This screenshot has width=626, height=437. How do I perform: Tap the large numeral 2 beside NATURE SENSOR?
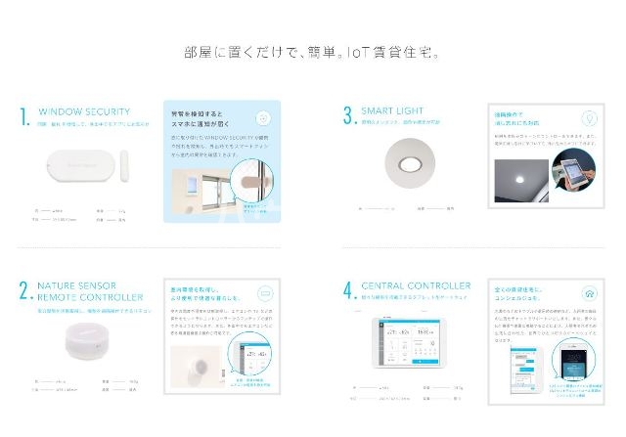[x=23, y=289]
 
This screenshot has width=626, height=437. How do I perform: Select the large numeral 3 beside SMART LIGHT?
[x=347, y=116]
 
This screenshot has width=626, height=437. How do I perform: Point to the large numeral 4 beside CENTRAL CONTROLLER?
[x=347, y=290]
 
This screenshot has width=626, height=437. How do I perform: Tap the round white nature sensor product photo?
[x=77, y=343]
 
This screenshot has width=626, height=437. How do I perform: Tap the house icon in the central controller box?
[x=589, y=291]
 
